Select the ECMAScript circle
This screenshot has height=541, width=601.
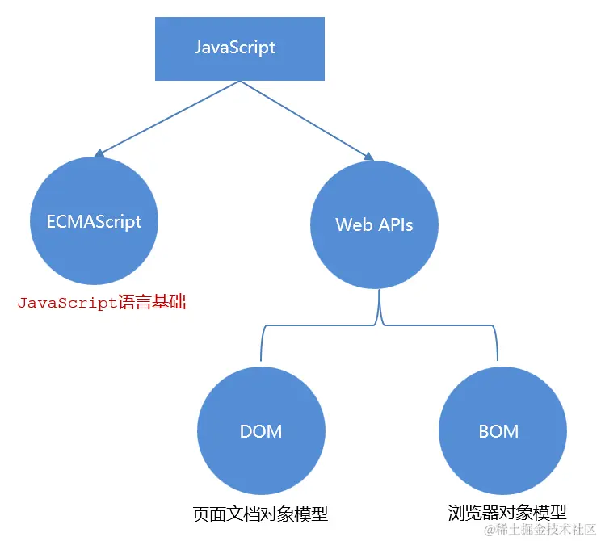tap(95, 221)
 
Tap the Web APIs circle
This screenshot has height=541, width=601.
tap(374, 224)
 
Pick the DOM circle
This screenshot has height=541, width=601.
tap(261, 431)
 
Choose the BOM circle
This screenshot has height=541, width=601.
tap(498, 431)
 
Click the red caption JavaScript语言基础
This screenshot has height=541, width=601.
tap(102, 304)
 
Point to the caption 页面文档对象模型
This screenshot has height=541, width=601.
tap(260, 514)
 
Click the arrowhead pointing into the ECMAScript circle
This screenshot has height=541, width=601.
tap(99, 152)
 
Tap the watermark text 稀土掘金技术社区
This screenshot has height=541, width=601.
tap(545, 530)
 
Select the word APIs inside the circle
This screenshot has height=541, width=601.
tap(395, 224)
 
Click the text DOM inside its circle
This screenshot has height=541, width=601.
tap(261, 431)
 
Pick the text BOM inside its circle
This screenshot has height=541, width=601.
tap(498, 431)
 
